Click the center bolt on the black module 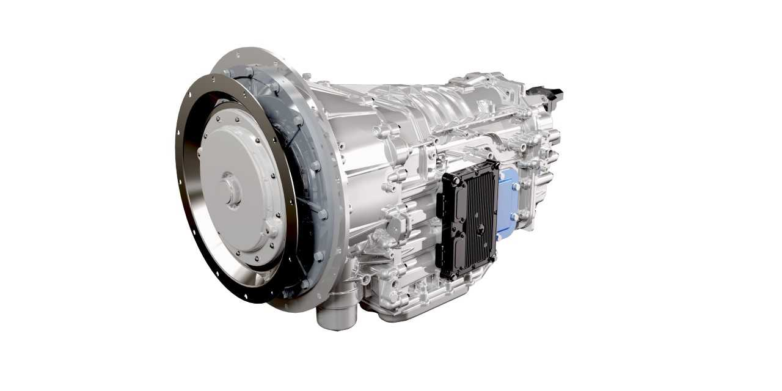tap(480, 229)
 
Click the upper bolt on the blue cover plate tap(515, 185)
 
